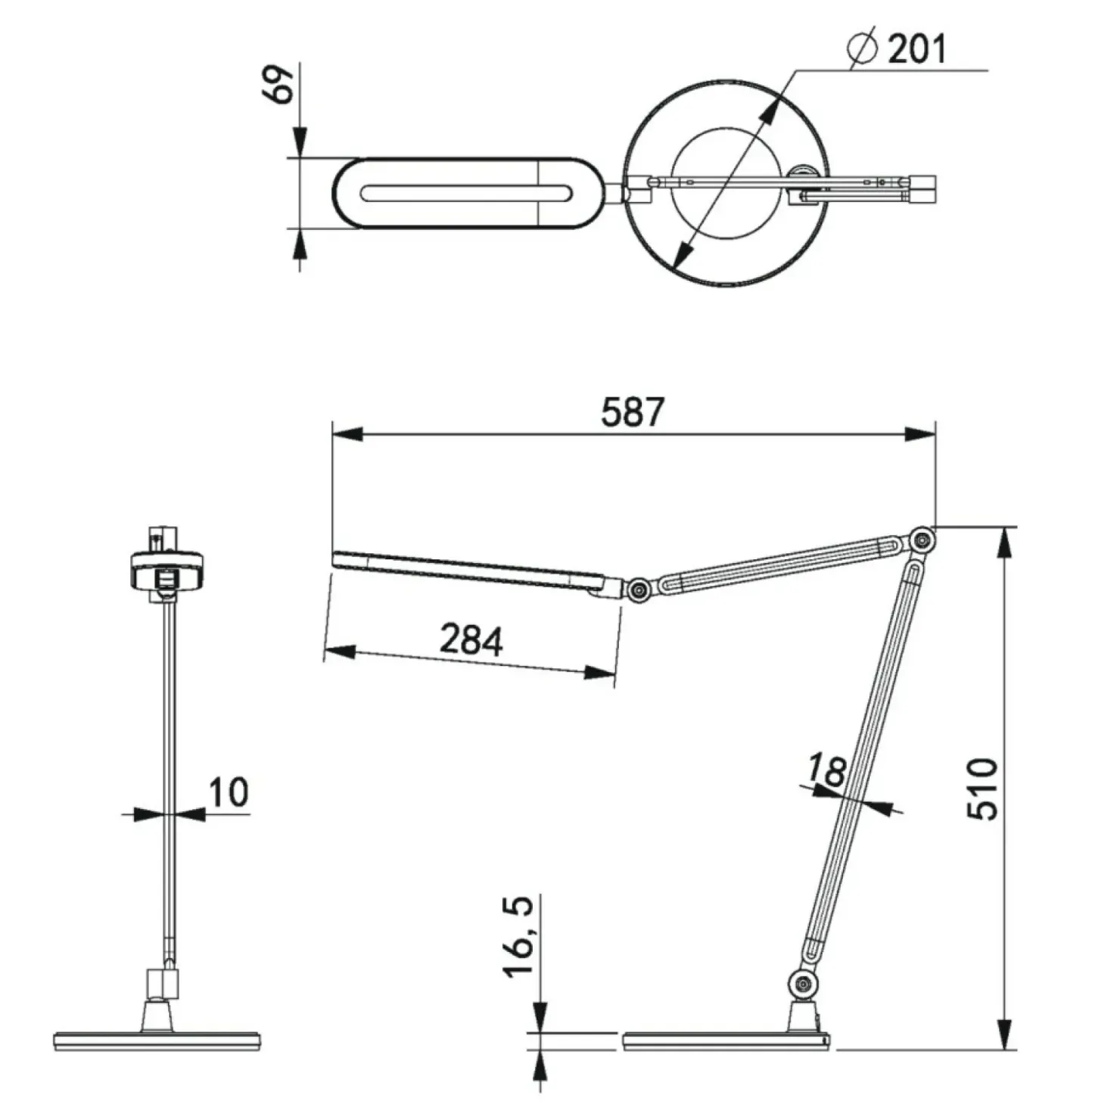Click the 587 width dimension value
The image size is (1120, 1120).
(632, 412)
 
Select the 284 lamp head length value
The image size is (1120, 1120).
(471, 640)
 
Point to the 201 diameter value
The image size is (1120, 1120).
(916, 48)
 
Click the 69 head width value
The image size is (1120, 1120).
(279, 84)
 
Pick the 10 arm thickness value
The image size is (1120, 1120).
(229, 792)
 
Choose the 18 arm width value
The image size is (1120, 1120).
(826, 770)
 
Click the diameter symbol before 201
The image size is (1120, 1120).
(863, 48)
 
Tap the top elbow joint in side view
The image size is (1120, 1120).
(921, 540)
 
